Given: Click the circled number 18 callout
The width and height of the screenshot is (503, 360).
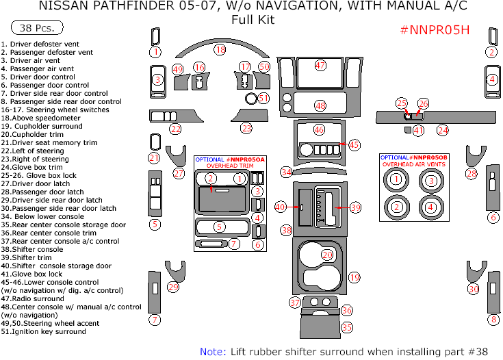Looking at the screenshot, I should [x=220, y=50].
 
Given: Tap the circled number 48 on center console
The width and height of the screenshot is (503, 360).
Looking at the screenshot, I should [x=320, y=105].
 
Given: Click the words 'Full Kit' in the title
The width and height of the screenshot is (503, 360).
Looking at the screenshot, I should [x=253, y=20].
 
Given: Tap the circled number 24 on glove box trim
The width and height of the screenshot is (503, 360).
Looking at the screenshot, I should [x=443, y=130].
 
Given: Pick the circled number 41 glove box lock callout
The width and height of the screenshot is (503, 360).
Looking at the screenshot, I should [x=419, y=130].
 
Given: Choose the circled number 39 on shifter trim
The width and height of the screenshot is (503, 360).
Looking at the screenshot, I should [x=355, y=207].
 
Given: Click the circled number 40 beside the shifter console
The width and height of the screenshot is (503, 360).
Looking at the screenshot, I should [x=280, y=207].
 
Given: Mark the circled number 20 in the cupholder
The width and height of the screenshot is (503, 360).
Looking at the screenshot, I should [x=327, y=255].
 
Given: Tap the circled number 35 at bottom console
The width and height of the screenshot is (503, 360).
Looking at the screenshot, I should [x=347, y=328].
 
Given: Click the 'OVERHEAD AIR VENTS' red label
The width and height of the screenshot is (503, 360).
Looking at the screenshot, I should [x=413, y=165].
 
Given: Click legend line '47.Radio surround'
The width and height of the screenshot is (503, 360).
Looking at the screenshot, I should [x=32, y=298].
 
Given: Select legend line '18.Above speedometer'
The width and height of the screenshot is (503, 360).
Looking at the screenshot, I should [x=40, y=118].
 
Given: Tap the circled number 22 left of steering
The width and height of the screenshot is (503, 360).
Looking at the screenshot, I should [x=176, y=129].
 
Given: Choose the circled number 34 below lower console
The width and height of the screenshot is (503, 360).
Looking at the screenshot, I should [x=287, y=172].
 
